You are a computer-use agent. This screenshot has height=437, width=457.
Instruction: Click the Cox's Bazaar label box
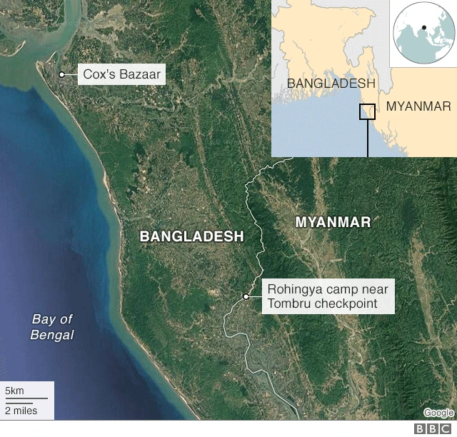(119, 74)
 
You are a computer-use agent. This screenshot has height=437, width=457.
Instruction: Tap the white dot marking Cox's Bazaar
(62, 74)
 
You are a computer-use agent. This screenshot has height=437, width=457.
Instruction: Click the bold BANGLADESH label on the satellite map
(191, 236)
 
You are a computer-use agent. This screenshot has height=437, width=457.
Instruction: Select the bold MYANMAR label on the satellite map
(333, 222)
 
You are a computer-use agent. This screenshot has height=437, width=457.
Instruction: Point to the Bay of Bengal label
(52, 327)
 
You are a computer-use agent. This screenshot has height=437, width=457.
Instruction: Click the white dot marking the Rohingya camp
(246, 296)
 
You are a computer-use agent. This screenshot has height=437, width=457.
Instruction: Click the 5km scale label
(15, 391)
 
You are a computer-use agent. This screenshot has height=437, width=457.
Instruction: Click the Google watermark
(438, 413)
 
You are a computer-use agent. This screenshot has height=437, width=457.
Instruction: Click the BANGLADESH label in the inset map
(331, 84)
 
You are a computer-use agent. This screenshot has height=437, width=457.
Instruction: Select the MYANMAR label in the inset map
(418, 107)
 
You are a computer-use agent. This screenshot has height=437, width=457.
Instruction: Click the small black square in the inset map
(367, 111)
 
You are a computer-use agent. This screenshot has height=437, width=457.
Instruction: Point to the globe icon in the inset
(423, 33)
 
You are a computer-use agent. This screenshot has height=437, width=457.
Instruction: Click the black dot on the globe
(425, 29)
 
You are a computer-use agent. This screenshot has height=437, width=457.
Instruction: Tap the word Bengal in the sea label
(52, 335)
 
